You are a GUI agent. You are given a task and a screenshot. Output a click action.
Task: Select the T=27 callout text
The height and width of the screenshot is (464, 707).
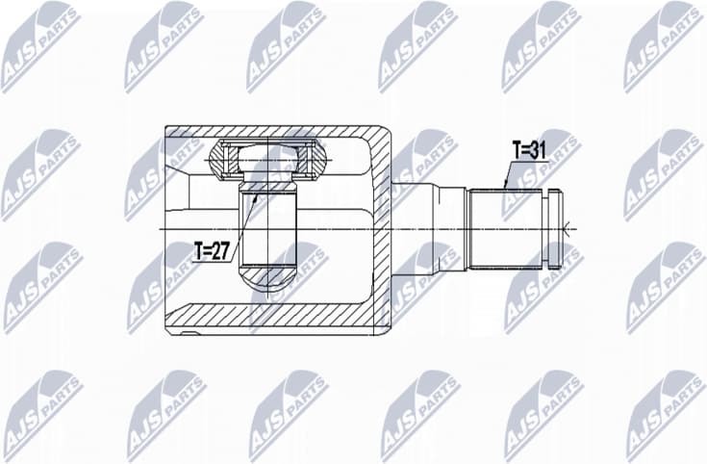[212, 251]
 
